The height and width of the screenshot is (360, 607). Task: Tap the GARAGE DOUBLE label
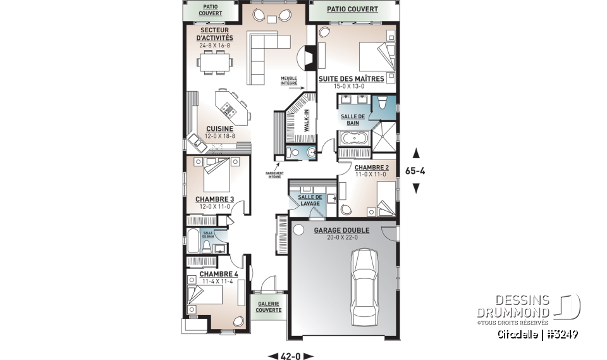click(336, 230)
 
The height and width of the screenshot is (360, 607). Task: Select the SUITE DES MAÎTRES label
click(351, 78)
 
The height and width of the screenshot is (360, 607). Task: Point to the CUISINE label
click(219, 128)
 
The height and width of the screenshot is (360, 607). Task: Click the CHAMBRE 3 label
click(214, 199)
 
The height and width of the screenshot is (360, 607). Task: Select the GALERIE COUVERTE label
click(269, 306)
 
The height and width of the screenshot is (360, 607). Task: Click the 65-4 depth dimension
click(416, 170)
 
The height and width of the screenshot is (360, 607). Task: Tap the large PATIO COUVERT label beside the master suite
click(352, 9)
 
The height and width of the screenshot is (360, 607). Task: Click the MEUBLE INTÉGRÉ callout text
click(289, 80)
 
